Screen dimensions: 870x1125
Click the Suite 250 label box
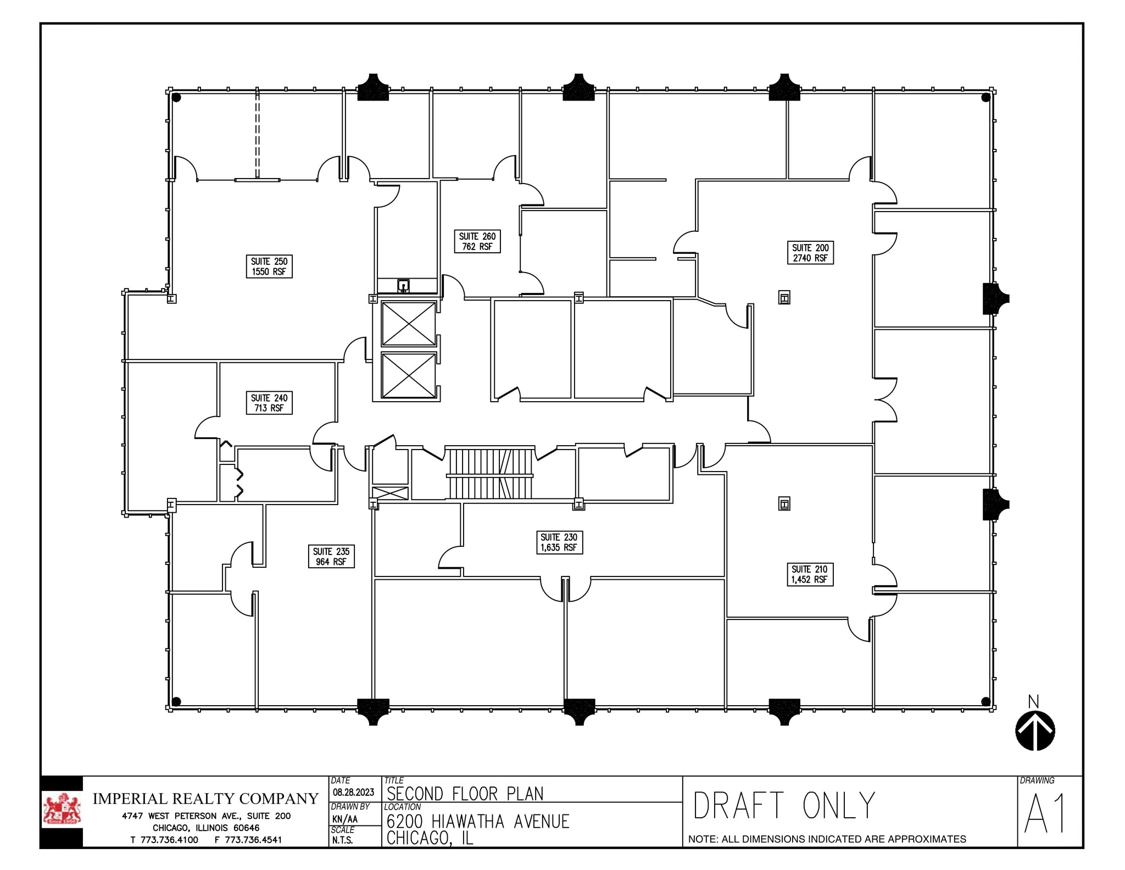[269, 267]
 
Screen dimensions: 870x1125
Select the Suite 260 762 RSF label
[477, 241]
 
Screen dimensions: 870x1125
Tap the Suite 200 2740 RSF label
[810, 253]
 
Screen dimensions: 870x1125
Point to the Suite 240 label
[269, 403]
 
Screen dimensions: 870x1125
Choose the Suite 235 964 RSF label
[331, 556]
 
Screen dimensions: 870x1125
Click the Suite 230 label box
[559, 542]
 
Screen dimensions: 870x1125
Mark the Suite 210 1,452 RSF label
[809, 574]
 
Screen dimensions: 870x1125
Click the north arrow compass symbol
[1035, 730]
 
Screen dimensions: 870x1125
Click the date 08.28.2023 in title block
[353, 792]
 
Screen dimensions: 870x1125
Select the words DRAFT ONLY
[783, 806]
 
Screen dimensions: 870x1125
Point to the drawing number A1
[1045, 814]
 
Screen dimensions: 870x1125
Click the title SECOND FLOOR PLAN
[465, 794]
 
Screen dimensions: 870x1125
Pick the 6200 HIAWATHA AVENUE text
[477, 821]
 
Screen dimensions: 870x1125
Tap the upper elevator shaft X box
[408, 324]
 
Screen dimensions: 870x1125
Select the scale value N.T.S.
[343, 840]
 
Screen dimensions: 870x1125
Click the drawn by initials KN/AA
[344, 819]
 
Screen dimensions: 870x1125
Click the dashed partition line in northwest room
[257, 135]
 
